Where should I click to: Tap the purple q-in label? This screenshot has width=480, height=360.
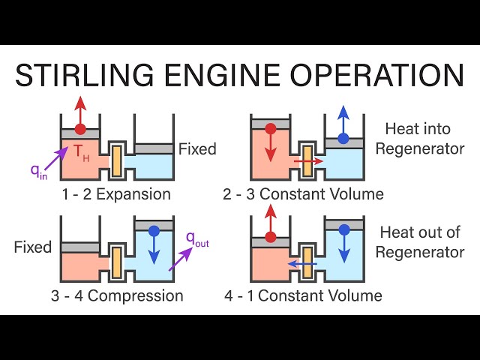pyautogui.click(x=37, y=170)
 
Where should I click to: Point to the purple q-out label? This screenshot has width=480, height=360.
pyautogui.click(x=197, y=239)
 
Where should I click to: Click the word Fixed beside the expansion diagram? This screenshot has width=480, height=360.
pyautogui.click(x=197, y=148)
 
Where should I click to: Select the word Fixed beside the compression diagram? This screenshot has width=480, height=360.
pyautogui.click(x=33, y=247)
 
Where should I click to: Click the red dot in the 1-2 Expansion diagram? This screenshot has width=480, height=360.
pyautogui.click(x=80, y=128)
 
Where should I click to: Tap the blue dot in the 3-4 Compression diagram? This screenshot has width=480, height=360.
pyautogui.click(x=154, y=230)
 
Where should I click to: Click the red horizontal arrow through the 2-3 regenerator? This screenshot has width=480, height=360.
pyautogui.click(x=307, y=160)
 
